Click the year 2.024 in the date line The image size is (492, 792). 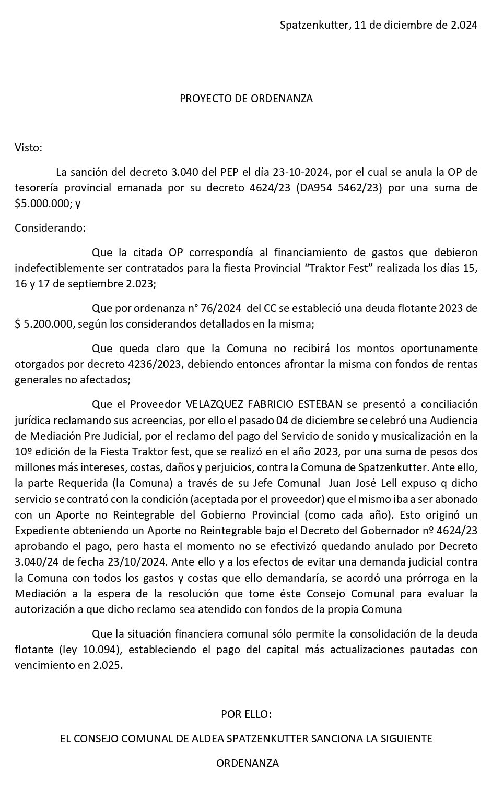(463, 25)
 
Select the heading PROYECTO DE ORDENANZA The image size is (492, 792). (246, 99)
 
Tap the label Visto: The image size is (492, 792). (28, 147)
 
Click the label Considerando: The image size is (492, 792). (50, 227)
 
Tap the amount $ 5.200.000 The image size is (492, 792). (45, 324)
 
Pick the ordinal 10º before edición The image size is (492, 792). (24, 451)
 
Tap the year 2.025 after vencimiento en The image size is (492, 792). (109, 665)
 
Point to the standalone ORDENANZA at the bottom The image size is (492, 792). (248, 763)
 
